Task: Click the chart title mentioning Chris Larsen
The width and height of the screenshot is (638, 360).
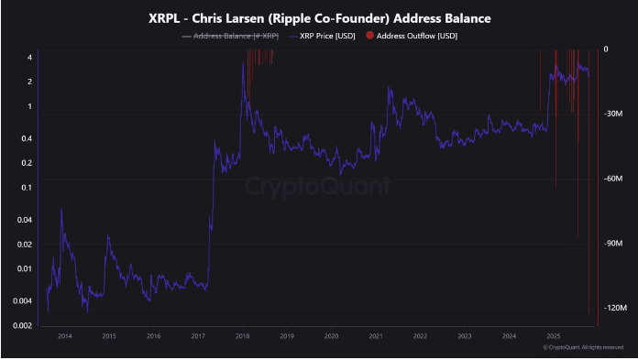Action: [318, 17]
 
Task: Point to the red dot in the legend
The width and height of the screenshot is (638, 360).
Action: [369, 36]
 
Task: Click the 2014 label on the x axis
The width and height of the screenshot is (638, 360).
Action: [64, 336]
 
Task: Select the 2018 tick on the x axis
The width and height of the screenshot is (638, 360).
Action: [243, 336]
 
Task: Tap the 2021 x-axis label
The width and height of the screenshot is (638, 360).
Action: [376, 336]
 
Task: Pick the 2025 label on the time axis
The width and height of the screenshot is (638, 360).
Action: [554, 336]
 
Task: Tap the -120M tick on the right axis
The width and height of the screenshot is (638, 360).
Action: [614, 309]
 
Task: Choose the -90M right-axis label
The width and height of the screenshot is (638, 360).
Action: [614, 244]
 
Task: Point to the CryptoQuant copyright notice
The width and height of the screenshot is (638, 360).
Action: [583, 348]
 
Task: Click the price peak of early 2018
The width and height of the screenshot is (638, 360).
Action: [243, 65]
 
